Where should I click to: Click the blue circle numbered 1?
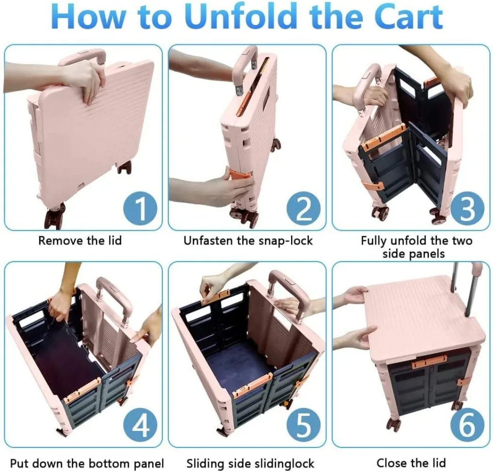point(140,208)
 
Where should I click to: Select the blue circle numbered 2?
point(304,208)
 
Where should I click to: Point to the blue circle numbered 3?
point(467,208)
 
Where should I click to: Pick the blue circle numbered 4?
point(140,425)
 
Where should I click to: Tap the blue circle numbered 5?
point(304,425)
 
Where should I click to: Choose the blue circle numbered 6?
point(467,425)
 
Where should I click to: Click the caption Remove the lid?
point(80,241)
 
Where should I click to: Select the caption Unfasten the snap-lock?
point(248,241)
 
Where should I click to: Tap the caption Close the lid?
point(411,463)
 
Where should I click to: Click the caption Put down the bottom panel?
point(87,464)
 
